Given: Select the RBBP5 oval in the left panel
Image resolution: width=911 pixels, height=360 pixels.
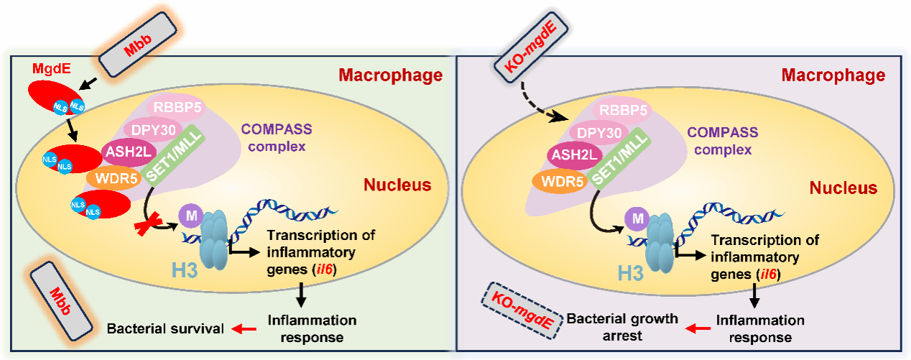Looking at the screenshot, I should pos(176,108).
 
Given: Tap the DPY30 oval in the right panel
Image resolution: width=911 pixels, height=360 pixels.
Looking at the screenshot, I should pos(597,133).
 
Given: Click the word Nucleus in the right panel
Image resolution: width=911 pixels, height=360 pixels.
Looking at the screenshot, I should pos(843,188).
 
